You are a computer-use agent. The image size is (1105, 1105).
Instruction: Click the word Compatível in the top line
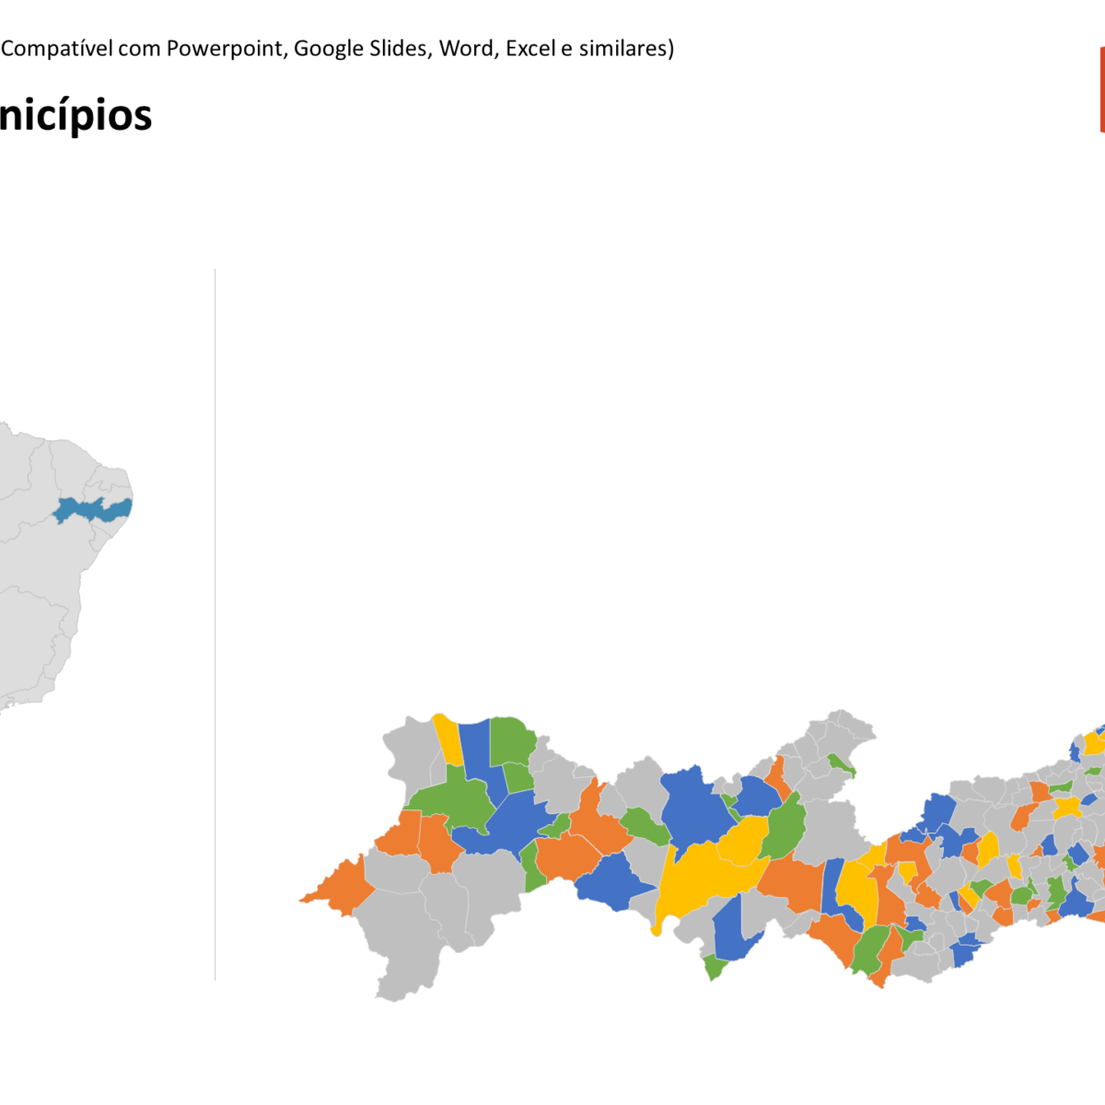(55, 49)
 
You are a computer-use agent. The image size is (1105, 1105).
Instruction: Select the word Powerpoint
(225, 49)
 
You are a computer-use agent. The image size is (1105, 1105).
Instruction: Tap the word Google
(329, 49)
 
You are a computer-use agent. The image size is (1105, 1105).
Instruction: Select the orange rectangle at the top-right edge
(1101, 89)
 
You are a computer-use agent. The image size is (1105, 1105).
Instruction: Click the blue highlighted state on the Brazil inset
(92, 509)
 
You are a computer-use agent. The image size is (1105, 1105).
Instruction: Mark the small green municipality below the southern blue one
(715, 967)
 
